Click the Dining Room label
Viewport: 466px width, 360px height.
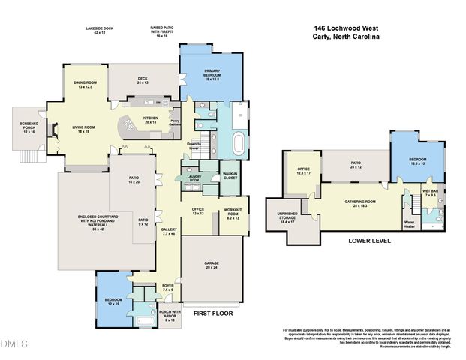[x=86, y=85]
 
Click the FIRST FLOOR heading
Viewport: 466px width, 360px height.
[x=213, y=313]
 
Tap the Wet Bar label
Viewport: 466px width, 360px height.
[x=430, y=193]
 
